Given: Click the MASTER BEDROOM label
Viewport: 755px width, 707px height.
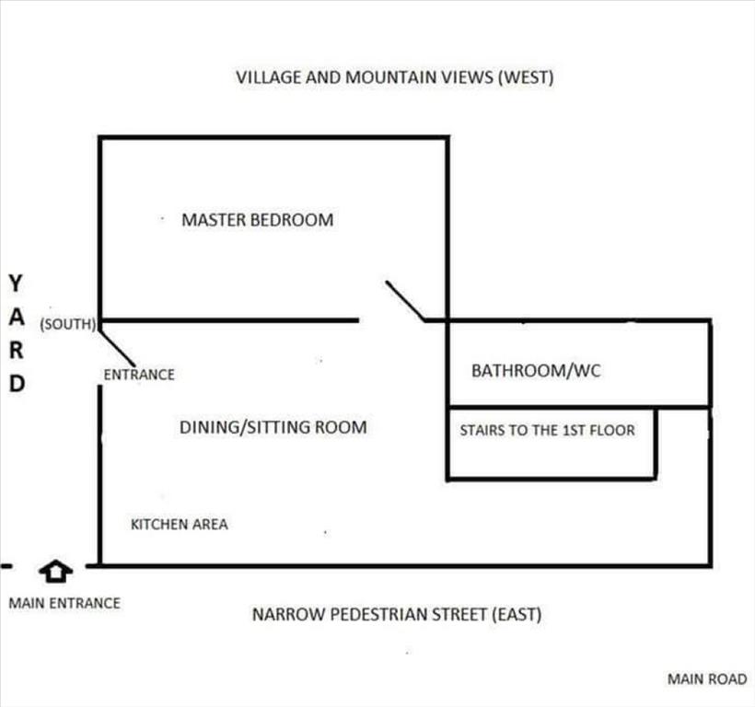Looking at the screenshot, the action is click(x=258, y=220).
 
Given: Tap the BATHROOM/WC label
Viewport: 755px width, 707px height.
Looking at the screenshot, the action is click(x=536, y=371).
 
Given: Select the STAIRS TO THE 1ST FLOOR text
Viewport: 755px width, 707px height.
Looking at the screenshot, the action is click(x=548, y=430).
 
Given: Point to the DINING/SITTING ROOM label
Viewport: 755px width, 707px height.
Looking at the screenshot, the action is click(x=273, y=427).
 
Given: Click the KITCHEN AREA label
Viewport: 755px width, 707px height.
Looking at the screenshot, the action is click(x=180, y=524).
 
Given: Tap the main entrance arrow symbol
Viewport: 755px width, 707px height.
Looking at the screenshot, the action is click(x=56, y=572).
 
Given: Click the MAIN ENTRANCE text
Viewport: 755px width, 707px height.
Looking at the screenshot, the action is click(x=64, y=603).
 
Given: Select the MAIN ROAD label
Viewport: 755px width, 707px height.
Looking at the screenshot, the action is click(x=707, y=679).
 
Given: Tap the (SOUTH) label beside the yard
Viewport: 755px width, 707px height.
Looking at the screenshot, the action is click(x=68, y=324).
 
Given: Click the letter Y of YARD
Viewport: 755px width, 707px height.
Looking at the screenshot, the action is click(x=16, y=284).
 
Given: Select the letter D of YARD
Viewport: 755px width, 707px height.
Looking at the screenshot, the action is click(x=17, y=384).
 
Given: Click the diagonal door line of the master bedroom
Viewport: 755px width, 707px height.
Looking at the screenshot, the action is click(x=405, y=301).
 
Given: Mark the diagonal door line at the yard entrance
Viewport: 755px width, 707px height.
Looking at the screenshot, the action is click(x=117, y=344).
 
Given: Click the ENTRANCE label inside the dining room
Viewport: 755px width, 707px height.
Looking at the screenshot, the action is click(x=139, y=375).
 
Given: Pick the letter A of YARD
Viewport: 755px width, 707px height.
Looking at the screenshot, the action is click(x=17, y=318).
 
